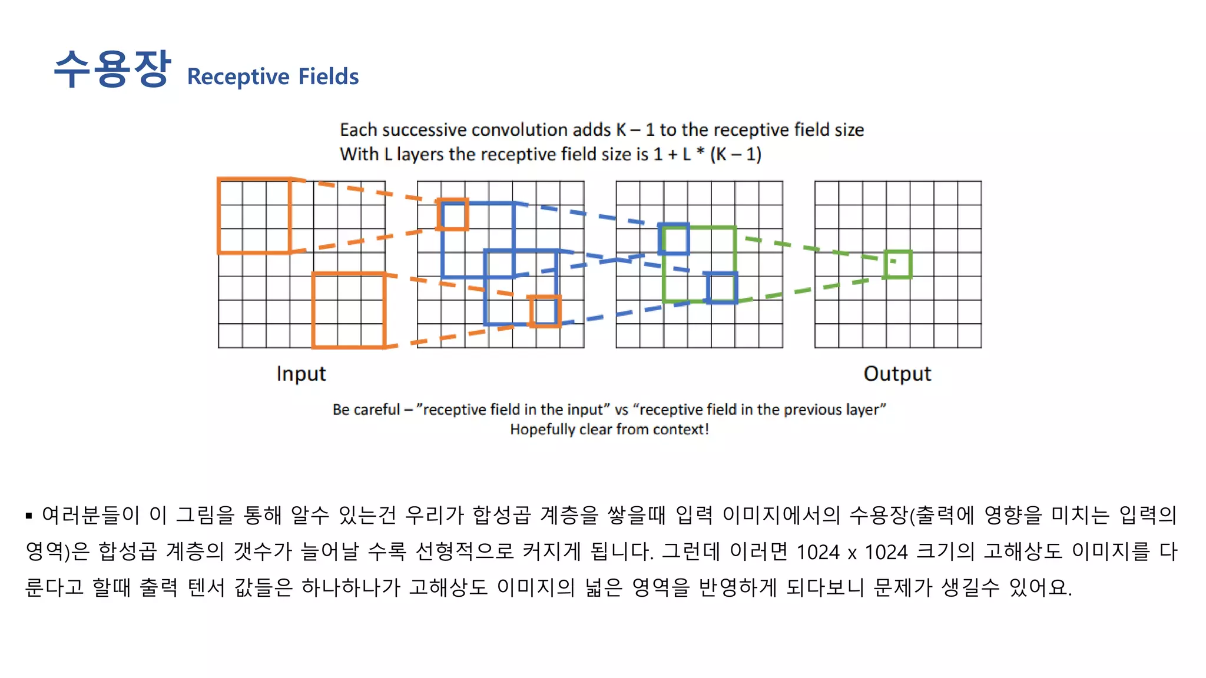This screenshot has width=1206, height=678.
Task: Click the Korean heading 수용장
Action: tap(112, 69)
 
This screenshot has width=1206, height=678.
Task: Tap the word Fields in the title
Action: tap(329, 77)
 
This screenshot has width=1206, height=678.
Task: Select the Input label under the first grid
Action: tap(301, 374)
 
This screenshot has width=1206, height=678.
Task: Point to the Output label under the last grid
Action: tap(897, 374)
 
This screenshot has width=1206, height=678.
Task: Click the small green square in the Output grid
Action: tap(897, 264)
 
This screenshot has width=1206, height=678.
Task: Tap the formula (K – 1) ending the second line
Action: tap(735, 154)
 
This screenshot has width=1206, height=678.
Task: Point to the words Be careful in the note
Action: tap(366, 410)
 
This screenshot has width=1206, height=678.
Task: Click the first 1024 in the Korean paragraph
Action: tap(817, 552)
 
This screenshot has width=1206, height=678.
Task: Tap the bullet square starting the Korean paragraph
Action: tap(29, 516)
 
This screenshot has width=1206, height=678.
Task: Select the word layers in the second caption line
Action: tap(420, 154)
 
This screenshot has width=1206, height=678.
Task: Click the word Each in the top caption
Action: tap(358, 129)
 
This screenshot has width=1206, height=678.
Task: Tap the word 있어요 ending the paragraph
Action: tap(1039, 587)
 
